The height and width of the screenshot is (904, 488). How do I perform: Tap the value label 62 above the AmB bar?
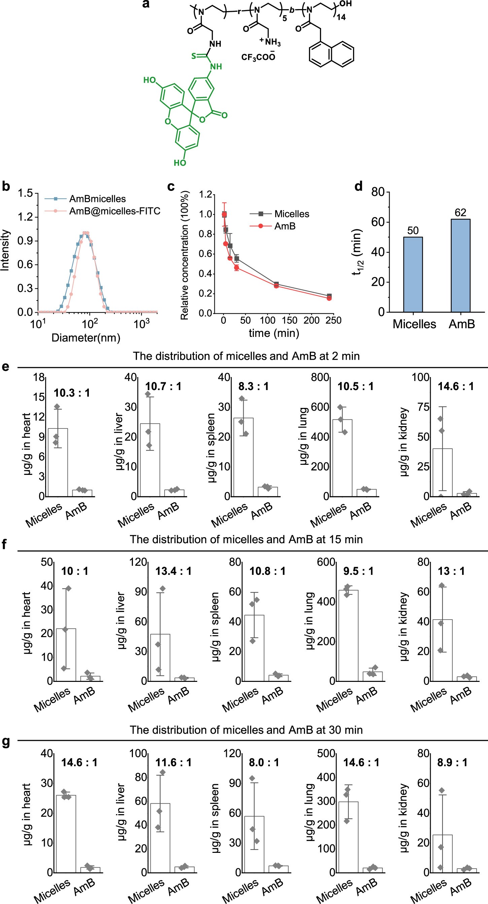[460, 213]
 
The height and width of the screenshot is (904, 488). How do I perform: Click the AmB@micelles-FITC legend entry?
[114, 211]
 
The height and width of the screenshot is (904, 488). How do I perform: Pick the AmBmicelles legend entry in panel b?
[97, 199]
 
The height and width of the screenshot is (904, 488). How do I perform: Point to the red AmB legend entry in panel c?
[284, 227]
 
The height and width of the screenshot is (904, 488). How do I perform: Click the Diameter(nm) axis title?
[85, 338]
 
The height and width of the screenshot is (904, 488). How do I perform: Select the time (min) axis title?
[274, 333]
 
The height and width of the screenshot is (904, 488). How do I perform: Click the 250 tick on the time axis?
[333, 320]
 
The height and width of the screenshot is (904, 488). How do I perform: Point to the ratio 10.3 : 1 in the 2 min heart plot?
[72, 393]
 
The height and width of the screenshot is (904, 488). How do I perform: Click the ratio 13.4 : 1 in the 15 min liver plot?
[173, 571]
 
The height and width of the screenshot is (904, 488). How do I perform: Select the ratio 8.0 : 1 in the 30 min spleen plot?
[264, 763]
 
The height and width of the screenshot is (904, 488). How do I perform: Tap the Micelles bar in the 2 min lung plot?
[342, 458]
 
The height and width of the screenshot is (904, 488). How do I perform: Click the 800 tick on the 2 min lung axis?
[320, 378]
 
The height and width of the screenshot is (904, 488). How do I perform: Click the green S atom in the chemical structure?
[193, 56]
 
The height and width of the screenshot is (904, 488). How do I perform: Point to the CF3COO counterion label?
[258, 57]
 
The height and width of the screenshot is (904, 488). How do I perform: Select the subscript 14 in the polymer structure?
[341, 17]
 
